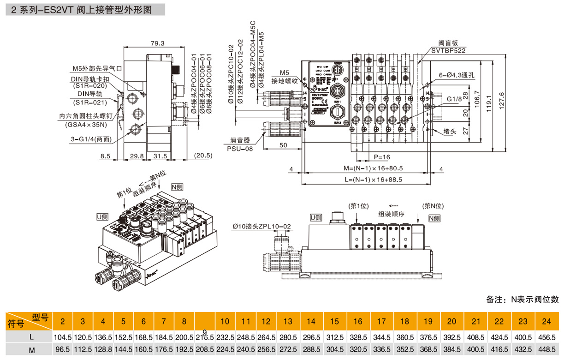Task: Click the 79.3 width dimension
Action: click(158, 43)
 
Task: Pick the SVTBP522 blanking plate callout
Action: click(449, 50)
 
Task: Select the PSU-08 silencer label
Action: click(240, 148)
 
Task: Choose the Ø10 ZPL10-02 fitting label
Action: click(262, 226)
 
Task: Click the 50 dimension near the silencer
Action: click(283, 145)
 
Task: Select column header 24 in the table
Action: click(546, 321)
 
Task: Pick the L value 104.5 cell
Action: click(63, 337)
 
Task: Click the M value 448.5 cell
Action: click(546, 350)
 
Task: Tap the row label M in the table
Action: click(32, 350)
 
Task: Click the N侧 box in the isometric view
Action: click(177, 187)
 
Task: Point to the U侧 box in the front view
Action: click(316, 217)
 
